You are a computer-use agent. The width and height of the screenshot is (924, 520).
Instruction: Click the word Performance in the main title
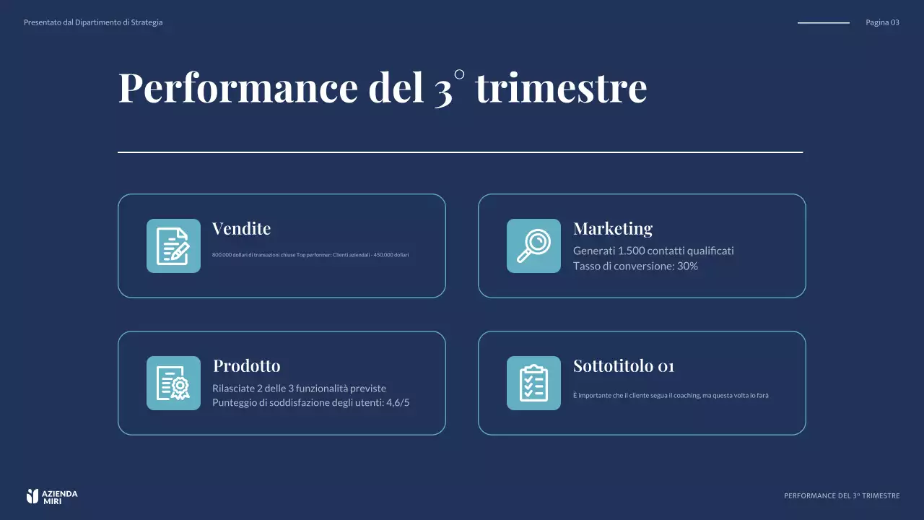(x=238, y=87)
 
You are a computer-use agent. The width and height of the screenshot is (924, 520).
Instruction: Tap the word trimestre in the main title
(x=561, y=87)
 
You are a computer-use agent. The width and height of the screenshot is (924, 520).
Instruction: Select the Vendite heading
(x=241, y=229)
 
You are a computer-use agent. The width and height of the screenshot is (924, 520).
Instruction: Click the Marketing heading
(x=612, y=229)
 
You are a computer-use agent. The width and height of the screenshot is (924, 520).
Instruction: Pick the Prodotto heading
(x=246, y=366)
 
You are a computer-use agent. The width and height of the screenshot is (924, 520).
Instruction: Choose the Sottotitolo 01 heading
(x=623, y=366)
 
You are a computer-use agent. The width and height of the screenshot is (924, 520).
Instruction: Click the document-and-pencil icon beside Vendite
(x=173, y=246)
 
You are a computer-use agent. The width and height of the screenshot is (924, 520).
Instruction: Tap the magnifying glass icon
(x=533, y=246)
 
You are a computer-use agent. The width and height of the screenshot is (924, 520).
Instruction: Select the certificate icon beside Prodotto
(x=173, y=383)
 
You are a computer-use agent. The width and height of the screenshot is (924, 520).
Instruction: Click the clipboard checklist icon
(x=533, y=383)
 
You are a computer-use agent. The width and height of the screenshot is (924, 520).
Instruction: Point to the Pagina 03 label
(x=882, y=22)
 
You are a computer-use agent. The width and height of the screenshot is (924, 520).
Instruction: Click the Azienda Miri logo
(x=51, y=496)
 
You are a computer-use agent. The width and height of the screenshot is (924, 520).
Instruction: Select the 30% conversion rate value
(x=687, y=266)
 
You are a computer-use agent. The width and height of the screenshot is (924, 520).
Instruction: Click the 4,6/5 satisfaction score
(x=398, y=403)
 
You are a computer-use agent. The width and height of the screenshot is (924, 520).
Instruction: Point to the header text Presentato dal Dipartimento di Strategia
(x=93, y=22)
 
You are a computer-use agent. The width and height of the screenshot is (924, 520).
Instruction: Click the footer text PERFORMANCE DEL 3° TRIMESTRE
(x=842, y=496)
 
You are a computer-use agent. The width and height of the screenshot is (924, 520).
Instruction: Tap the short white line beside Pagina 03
(x=823, y=23)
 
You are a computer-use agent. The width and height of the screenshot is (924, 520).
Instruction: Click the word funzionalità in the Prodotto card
(x=323, y=389)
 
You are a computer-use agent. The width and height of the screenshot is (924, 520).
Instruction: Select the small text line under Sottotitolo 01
(x=671, y=396)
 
